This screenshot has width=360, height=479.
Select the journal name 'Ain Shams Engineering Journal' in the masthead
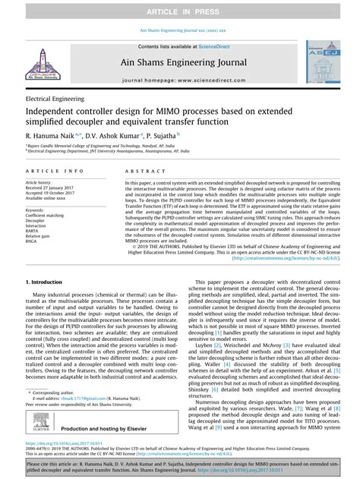coord(180,65)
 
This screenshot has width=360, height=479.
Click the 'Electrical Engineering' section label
coord(55,99)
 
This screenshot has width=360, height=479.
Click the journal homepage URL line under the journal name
coord(180,79)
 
